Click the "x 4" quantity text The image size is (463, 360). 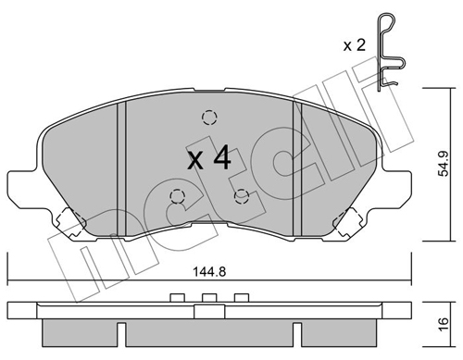click(x=208, y=158)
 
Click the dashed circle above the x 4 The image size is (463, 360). click(x=208, y=118)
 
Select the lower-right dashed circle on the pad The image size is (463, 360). click(x=242, y=195)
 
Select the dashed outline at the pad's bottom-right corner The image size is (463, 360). click(x=349, y=223)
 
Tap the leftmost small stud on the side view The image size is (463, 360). click(x=176, y=298)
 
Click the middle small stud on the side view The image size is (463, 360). click(x=208, y=298)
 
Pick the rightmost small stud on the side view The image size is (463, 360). click(x=242, y=298)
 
